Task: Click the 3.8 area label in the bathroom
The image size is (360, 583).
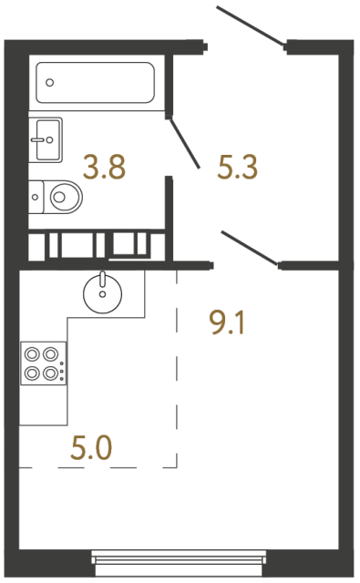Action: point(105,167)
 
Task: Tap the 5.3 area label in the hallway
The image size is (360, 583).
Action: point(238,167)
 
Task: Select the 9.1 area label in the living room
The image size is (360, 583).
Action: point(227,322)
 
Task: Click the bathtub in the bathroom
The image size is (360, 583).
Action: point(95,83)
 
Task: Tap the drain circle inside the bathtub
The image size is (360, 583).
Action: point(49,83)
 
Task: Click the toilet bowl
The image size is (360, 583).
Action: point(63,197)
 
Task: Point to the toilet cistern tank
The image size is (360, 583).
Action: point(36,197)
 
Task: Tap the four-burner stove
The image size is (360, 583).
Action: point(44,363)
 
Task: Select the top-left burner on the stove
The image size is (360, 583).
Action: point(32,354)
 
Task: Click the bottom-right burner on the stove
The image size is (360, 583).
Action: point(50,373)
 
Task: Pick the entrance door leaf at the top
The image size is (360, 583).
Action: point(252,26)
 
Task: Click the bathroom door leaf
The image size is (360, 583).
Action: point(184,143)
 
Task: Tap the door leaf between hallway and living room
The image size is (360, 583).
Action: point(250,249)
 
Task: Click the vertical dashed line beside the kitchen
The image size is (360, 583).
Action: point(177,369)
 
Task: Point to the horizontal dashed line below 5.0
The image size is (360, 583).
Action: point(98,467)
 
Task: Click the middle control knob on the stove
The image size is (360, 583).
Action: point(62,371)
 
